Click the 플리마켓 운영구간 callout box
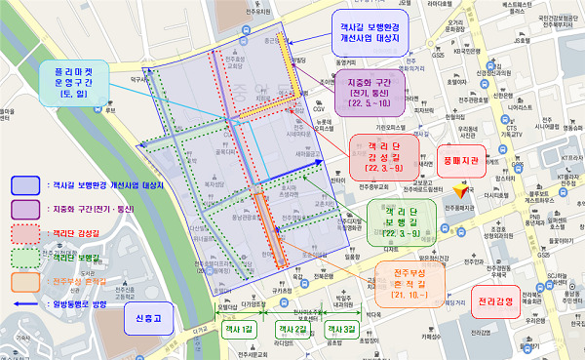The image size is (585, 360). pyautogui.click(x=72, y=82)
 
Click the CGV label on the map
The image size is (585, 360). pyautogui.click(x=318, y=109)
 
